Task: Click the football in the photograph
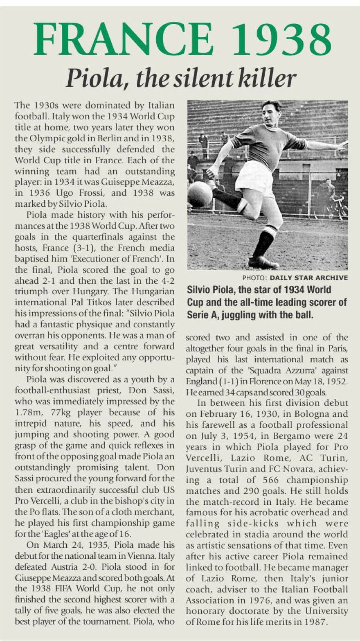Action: point(200,194)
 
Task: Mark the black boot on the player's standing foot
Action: point(263,261)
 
